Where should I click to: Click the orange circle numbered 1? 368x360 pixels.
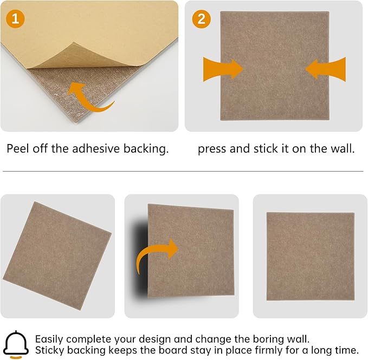[15, 19]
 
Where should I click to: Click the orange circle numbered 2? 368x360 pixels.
[201, 19]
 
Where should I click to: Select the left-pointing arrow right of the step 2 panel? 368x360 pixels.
[326, 69]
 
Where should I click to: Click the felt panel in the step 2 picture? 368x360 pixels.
[274, 66]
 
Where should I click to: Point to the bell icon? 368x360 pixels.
[16, 343]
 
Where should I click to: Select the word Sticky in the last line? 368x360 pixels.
[50, 350]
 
